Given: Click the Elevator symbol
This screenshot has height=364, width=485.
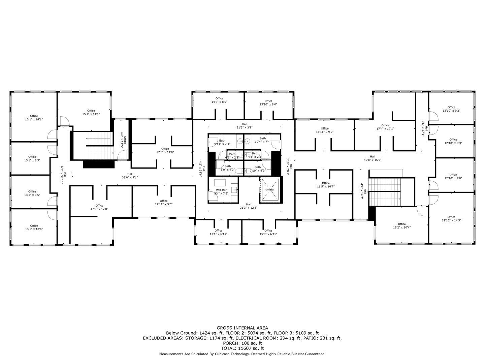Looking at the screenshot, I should pyautogui.click(x=270, y=189).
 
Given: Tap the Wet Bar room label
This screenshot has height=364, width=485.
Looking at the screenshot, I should pyautogui.click(x=221, y=192).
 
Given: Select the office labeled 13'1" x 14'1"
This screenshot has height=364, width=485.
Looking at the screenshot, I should pyautogui.click(x=34, y=118).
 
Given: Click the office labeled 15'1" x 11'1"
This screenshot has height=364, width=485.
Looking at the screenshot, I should pyautogui.click(x=91, y=112).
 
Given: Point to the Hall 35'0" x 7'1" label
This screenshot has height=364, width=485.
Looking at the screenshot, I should pyautogui.click(x=130, y=176).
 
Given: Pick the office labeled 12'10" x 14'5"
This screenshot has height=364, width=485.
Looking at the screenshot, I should pyautogui.click(x=451, y=218).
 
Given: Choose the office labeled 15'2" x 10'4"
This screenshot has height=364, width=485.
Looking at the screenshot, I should pyautogui.click(x=402, y=225).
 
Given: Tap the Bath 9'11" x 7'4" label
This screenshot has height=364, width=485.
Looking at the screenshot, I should pyautogui.click(x=222, y=142).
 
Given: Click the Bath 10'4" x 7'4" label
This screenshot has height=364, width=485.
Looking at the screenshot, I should pyautogui.click(x=262, y=140).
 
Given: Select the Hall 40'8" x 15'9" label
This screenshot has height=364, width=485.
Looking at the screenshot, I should pyautogui.click(x=372, y=158).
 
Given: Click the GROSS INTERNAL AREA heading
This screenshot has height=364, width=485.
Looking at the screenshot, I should pyautogui.click(x=242, y=328).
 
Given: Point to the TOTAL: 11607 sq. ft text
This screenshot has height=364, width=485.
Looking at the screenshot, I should pyautogui.click(x=242, y=348).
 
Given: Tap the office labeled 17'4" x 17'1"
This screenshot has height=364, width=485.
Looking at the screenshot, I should pyautogui.click(x=385, y=127).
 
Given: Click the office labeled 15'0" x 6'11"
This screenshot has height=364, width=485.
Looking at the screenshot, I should pyautogui.click(x=268, y=232).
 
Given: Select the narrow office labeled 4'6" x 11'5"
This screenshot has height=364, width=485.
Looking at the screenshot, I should pyautogui.click(x=123, y=140).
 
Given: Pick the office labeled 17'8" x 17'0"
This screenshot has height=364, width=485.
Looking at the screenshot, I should pyautogui.click(x=99, y=207).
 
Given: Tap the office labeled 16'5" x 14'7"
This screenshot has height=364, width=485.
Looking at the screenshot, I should pyautogui.click(x=326, y=185).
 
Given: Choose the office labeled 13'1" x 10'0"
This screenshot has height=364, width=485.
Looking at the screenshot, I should pyautogui.click(x=34, y=227).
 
